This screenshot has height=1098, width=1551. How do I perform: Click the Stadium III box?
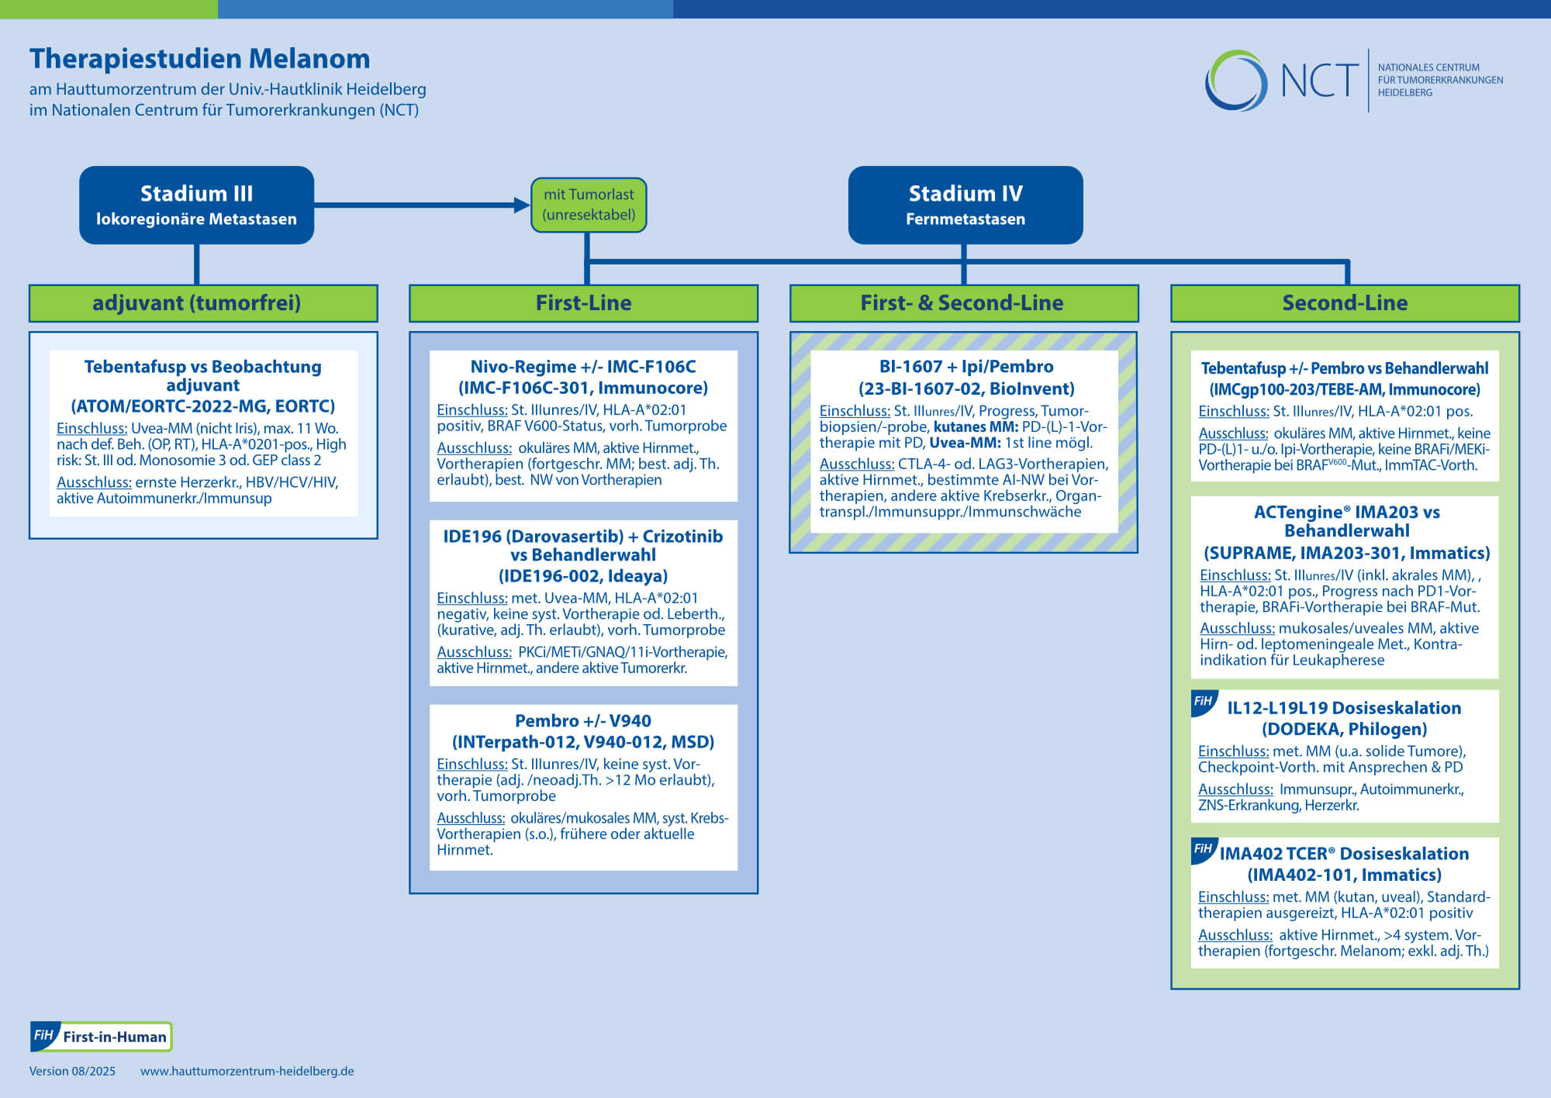[x=196, y=205]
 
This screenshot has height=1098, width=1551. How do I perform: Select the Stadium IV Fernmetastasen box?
[x=965, y=205]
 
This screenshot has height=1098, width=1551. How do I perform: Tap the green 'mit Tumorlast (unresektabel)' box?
[x=589, y=205]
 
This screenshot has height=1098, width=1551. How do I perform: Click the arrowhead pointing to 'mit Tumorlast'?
[x=522, y=205]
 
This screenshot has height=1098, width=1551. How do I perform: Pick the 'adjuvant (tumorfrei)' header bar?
[x=203, y=303]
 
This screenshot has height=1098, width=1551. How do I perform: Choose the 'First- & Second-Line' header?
[x=964, y=303]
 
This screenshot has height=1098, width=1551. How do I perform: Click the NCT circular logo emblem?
[x=1236, y=80]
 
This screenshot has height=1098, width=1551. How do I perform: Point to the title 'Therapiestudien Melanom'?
[x=200, y=59]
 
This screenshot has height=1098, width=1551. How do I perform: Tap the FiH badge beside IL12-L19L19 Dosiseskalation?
[x=1204, y=703]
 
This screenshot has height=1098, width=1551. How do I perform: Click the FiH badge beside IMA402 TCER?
[x=1204, y=850]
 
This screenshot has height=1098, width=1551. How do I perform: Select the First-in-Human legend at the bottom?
[x=101, y=1037]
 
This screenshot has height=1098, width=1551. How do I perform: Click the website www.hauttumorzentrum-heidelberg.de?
[x=247, y=1071]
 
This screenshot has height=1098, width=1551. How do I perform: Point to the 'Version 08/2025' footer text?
[x=72, y=1071]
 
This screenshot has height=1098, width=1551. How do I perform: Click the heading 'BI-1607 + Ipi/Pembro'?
[x=966, y=367]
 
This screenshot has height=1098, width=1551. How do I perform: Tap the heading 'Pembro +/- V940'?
[x=583, y=721]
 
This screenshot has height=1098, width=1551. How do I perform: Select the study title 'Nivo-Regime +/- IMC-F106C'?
[x=583, y=367]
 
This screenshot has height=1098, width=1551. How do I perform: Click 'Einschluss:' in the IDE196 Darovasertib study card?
[x=472, y=598]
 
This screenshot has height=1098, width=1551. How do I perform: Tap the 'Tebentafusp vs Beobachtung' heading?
[x=203, y=367]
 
